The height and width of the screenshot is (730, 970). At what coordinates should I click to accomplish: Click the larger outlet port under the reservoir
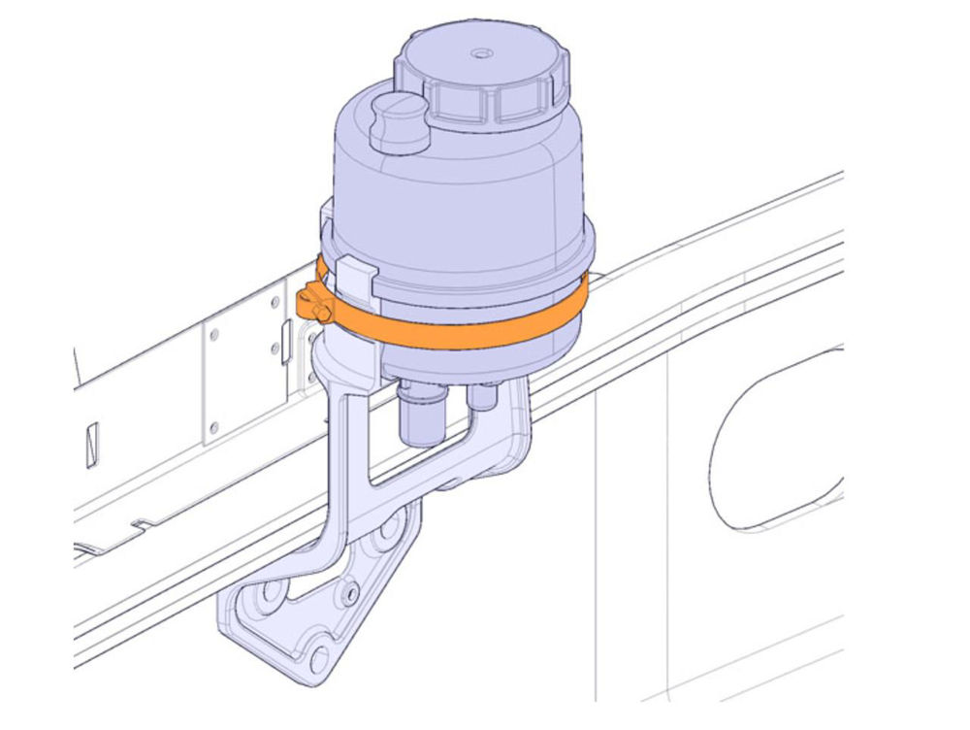click(421, 414)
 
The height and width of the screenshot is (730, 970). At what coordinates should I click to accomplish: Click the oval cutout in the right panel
click(776, 442)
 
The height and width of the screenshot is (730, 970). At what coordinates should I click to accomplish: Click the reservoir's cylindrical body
click(456, 214)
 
